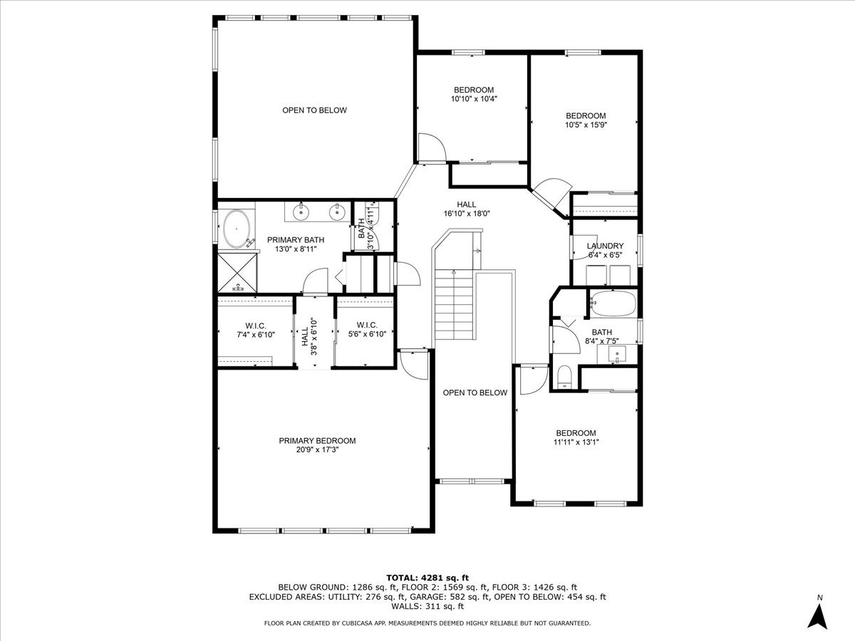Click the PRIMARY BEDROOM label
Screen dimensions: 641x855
pyautogui.click(x=317, y=441)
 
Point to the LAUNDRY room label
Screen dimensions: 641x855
pyautogui.click(x=605, y=246)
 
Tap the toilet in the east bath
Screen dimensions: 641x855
pyautogui.click(x=565, y=377)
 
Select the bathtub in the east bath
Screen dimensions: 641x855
pyautogui.click(x=612, y=303)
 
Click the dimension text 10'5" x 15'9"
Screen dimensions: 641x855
pyautogui.click(x=586, y=124)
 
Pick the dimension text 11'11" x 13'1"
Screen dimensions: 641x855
pyautogui.click(x=576, y=442)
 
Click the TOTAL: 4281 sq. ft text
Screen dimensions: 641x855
pyautogui.click(x=427, y=577)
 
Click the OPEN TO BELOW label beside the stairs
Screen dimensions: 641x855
pyautogui.click(x=475, y=392)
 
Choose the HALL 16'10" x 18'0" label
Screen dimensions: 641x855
pyautogui.click(x=467, y=209)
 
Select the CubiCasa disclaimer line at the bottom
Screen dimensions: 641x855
pyautogui.click(x=427, y=623)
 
